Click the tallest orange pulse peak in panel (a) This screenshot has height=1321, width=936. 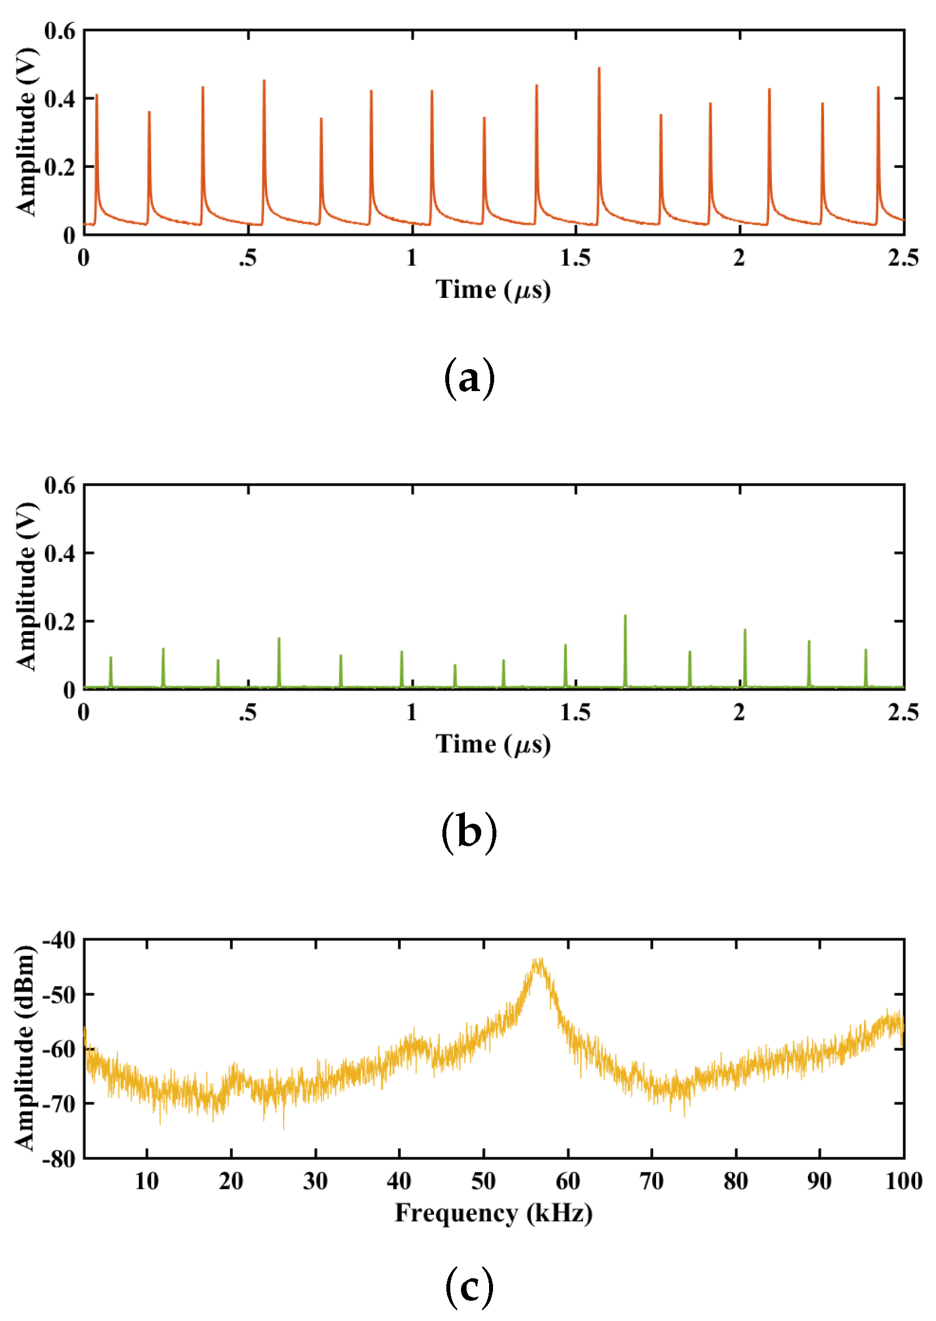599,69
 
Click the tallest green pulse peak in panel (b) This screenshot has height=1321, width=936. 625,616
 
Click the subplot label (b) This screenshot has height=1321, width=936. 469,833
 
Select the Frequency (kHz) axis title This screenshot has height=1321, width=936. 494,1213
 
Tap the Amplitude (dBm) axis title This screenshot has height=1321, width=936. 24,1048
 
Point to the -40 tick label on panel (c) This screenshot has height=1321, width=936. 59,941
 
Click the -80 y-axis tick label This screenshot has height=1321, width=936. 59,1159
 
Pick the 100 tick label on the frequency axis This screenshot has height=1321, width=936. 903,1181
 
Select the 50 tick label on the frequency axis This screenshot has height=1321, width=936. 483,1181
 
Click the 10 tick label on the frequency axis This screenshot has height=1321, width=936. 147,1181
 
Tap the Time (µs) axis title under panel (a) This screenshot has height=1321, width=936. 494,289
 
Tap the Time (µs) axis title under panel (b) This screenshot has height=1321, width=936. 494,744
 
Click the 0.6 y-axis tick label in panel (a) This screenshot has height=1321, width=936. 60,31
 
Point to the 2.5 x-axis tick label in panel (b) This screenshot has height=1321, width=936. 903,712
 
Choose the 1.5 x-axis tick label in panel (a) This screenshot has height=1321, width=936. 575,258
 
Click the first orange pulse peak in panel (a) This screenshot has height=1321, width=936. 96,95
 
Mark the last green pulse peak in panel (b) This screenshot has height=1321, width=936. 865,650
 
